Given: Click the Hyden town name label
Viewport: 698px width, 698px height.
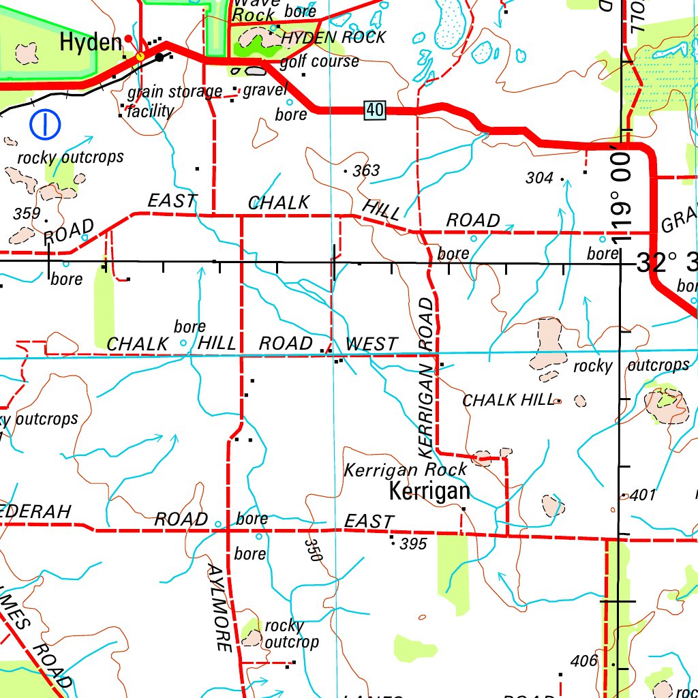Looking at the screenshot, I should point(91,42).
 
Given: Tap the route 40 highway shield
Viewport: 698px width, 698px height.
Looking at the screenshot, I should point(374,109).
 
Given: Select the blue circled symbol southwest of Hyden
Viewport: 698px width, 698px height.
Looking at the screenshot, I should point(46,123).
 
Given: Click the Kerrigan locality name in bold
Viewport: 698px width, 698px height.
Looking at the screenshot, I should point(429,491).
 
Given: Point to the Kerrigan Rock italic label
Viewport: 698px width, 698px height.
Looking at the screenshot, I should point(406,470).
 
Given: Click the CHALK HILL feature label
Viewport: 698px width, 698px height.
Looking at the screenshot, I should point(508,400).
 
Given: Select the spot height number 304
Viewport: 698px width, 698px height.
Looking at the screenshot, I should point(539,178).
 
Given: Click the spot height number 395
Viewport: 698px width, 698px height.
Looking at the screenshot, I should point(413,543).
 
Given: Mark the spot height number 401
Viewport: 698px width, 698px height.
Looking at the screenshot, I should point(643,495).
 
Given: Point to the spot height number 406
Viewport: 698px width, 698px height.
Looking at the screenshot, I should point(584,661).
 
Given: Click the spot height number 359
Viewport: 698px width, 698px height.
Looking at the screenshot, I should point(27,213).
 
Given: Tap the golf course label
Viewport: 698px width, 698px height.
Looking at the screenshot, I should point(319,61).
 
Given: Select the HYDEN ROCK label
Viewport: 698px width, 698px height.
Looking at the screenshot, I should point(333,37).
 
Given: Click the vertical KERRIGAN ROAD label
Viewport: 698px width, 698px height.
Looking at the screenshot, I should point(426,377).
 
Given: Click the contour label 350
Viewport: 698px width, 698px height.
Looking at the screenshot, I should point(313,549).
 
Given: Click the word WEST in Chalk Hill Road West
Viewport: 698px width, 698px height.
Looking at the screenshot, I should point(371,344).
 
